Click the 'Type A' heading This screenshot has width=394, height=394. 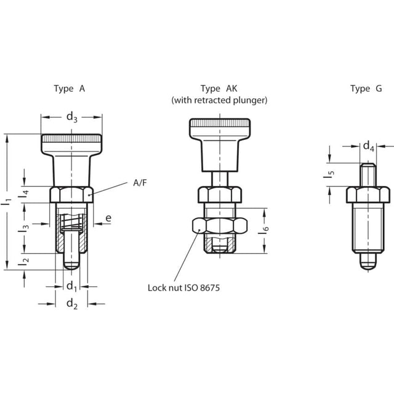(70, 89)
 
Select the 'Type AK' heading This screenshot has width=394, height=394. (219, 89)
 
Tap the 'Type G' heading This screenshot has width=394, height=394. (366, 89)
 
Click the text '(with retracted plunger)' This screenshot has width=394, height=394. (219, 100)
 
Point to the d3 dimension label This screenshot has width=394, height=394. (72, 118)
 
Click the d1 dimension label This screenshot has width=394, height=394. (71, 287)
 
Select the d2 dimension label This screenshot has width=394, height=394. (72, 304)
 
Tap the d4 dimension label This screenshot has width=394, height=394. (369, 147)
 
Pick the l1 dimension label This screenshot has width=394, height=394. (7, 202)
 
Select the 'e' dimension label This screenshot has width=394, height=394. (108, 218)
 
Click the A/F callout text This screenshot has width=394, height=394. (140, 183)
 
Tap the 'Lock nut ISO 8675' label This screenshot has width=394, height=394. (183, 288)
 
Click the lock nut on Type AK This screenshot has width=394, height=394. (220, 225)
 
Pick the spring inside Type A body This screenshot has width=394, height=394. (71, 222)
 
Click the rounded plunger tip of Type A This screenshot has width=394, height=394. (71, 265)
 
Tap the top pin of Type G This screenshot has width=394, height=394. (368, 175)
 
